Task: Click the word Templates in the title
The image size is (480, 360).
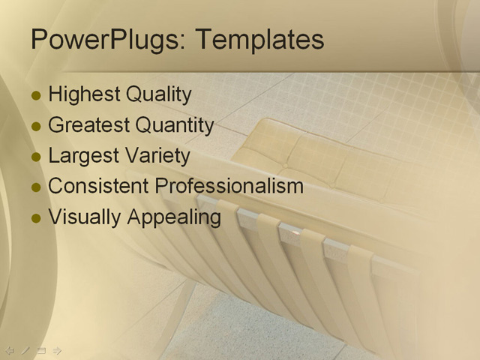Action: [x=258, y=40]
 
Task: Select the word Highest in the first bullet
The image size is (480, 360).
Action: [x=84, y=94]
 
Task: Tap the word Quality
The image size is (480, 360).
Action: [x=158, y=94]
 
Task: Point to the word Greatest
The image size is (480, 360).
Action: [x=88, y=125]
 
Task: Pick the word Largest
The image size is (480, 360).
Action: [x=82, y=156]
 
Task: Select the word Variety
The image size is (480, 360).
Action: [x=159, y=156]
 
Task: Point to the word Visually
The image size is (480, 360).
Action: [x=85, y=217]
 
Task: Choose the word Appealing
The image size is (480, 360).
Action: [x=174, y=217]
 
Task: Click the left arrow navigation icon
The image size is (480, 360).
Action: [x=10, y=350]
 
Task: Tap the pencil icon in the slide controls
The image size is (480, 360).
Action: [x=25, y=350]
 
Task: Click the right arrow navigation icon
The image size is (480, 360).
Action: [x=57, y=350]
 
